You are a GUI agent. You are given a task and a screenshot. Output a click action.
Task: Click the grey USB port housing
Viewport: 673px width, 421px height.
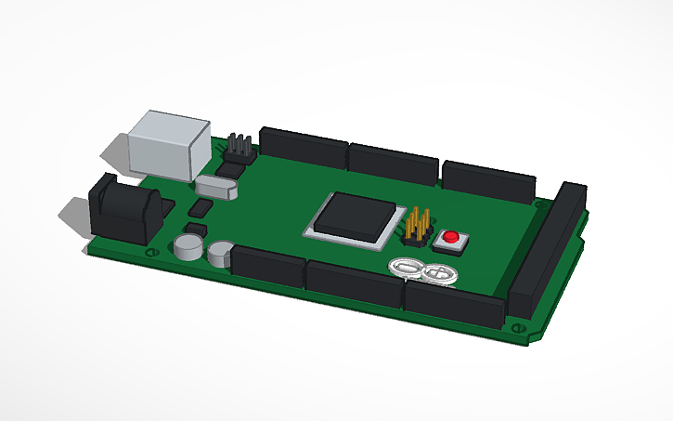[170, 144]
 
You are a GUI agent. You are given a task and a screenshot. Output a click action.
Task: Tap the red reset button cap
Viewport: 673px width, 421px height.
[451, 237]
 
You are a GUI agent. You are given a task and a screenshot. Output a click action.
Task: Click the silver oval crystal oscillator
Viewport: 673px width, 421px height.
[218, 186]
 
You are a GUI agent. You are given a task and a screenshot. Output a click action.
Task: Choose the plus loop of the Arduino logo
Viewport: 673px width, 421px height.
[439, 273]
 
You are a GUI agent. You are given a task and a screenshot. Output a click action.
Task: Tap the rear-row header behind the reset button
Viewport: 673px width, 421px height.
[488, 180]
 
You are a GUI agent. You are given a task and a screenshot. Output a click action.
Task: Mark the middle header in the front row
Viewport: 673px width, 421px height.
[354, 283]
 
